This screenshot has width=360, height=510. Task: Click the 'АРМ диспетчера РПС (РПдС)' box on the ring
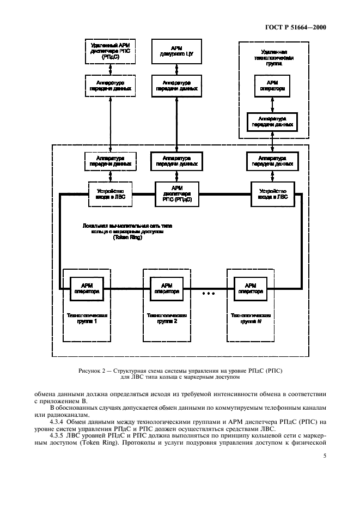pyautogui.click(x=176, y=192)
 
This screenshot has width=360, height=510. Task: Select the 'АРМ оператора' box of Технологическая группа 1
pyautogui.click(x=87, y=288)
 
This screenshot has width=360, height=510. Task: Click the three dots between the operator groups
pyautogui.click(x=209, y=294)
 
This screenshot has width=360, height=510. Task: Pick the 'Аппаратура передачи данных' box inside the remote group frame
pyautogui.click(x=272, y=121)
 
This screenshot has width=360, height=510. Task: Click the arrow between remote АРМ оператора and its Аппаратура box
pyautogui.click(x=272, y=103)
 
